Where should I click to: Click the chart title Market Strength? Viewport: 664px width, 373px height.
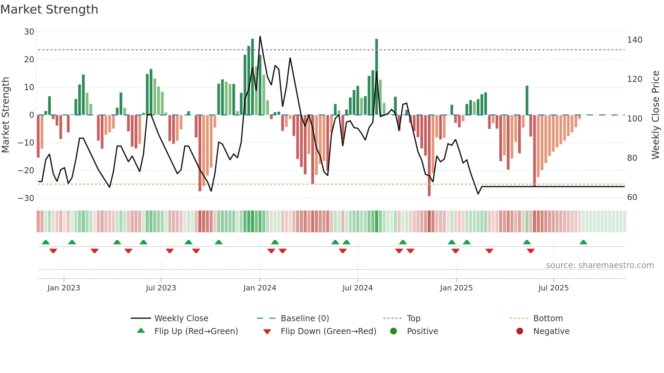(x=49, y=9)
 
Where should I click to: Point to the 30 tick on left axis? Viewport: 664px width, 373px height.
(x=29, y=32)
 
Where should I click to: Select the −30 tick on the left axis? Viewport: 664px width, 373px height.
(x=26, y=198)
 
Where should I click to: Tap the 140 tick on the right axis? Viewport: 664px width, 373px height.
(x=635, y=40)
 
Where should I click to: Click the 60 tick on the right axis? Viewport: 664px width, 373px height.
(x=632, y=197)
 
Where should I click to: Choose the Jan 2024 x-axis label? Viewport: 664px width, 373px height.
(x=260, y=288)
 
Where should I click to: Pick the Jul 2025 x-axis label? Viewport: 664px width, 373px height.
(x=553, y=288)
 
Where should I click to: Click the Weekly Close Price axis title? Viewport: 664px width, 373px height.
(x=656, y=115)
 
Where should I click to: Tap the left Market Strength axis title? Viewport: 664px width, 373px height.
(x=6, y=115)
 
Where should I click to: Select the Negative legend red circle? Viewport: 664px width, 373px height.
(x=520, y=331)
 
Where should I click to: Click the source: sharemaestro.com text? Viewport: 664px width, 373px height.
(x=600, y=265)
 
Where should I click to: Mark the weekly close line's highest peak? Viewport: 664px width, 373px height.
(x=260, y=36)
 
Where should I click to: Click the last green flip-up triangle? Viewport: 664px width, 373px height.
(x=583, y=242)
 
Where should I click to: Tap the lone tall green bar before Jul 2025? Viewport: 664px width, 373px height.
(x=527, y=101)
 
